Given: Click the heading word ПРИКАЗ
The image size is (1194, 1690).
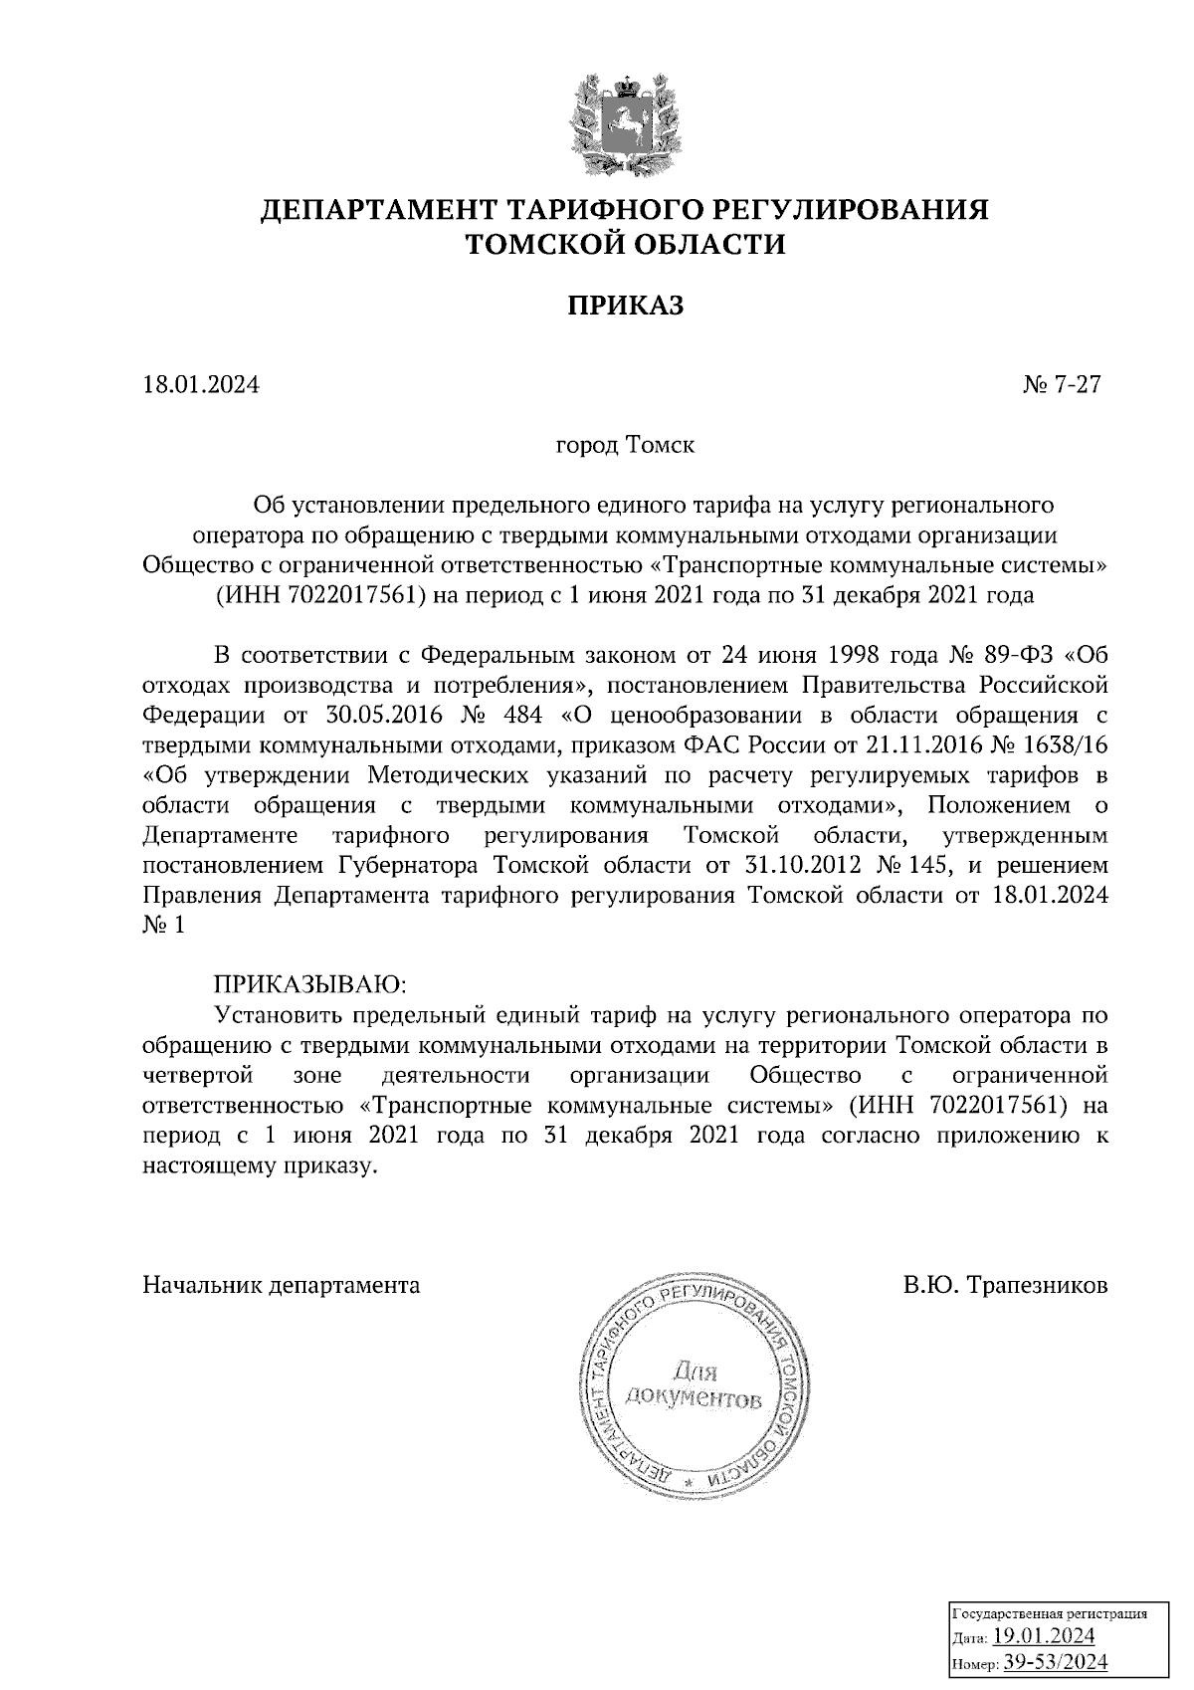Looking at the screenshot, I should point(626,306).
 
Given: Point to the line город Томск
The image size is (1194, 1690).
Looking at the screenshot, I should point(625,445).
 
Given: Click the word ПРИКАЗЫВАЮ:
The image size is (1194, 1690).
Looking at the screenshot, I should point(310,984).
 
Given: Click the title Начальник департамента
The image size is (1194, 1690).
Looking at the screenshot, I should point(282,1285).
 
